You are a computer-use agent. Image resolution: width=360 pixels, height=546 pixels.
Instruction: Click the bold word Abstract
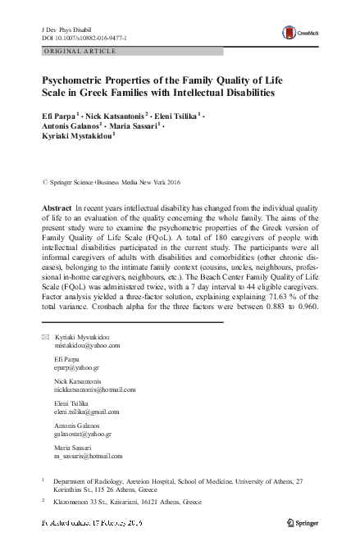[x=57, y=211]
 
